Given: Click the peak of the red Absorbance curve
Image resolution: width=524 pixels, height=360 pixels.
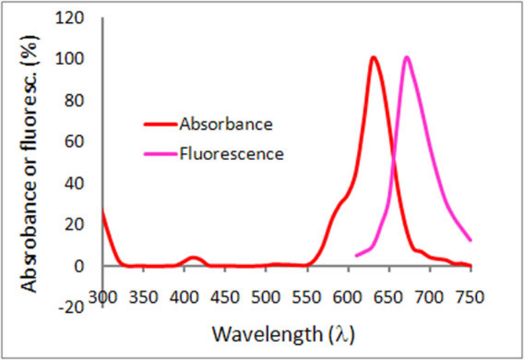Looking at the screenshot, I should tap(373, 57).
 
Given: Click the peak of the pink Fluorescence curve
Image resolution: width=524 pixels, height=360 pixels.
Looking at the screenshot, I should tap(406, 57).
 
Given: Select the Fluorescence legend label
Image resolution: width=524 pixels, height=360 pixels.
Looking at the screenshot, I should tap(231, 154).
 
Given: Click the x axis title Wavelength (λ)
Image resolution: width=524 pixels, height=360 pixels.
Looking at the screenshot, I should tap(283, 334).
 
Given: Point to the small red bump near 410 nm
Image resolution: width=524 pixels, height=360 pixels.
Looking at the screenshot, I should tap(194, 258).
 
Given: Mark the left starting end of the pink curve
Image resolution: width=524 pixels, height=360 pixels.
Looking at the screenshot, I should tap(356, 255).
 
